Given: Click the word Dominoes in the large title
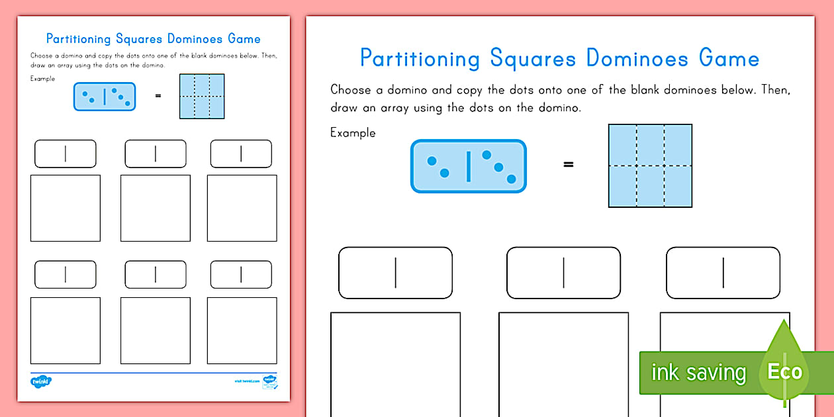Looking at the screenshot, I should coord(637,58).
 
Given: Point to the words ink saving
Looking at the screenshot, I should coord(698,373).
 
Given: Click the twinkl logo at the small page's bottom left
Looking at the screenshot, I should coord(41,381).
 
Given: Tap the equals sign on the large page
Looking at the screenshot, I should coord(568,165).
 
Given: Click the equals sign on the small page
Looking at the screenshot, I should coord(158,96).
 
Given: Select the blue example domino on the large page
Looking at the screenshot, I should coord(469,166).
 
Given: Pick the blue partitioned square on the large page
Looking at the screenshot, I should coord(650,165).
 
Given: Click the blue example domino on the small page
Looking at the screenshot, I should coord(105,97).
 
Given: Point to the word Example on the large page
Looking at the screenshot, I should coord(353,133).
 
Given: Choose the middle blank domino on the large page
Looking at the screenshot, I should coord(563,273).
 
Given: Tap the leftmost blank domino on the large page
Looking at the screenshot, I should coord(395,273).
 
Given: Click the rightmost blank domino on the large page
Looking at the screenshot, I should coord(723,273).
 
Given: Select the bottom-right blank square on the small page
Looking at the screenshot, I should coord(242,330).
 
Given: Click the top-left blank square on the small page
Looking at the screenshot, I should coord(66,208).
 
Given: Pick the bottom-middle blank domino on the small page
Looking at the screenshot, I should coord(156,274).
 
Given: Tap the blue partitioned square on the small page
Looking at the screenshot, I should coord(202,96).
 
